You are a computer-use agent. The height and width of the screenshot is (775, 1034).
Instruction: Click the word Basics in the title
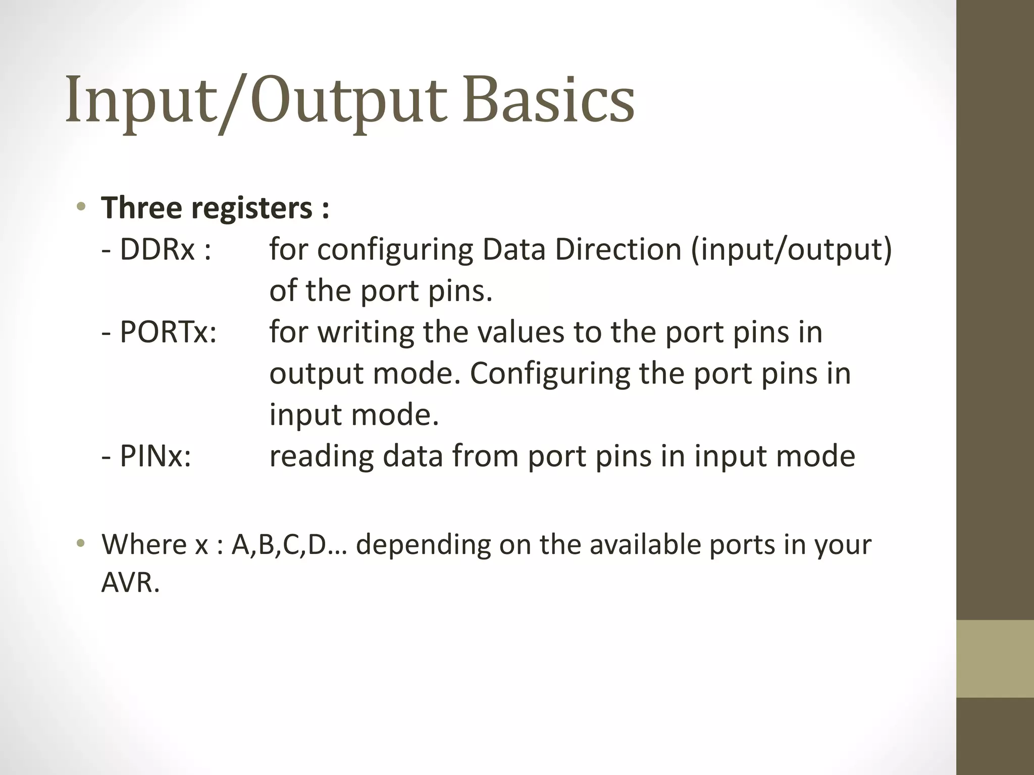[x=548, y=99]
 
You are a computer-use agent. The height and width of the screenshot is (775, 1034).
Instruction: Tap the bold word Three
[x=142, y=207]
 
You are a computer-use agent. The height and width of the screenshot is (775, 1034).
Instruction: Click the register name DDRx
[x=157, y=249]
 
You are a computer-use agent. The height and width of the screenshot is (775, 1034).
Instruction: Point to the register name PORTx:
[x=167, y=332]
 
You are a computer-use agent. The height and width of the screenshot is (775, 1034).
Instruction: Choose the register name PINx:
[x=154, y=456]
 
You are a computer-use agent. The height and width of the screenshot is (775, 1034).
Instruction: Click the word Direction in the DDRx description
[x=618, y=249]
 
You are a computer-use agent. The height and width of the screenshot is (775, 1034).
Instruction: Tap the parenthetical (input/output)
[x=791, y=250]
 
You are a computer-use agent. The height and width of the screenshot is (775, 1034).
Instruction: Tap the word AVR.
[x=130, y=583]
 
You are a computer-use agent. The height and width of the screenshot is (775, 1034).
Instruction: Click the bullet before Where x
[x=81, y=544]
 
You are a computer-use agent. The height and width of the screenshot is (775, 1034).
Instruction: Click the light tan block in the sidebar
[x=995, y=658]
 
